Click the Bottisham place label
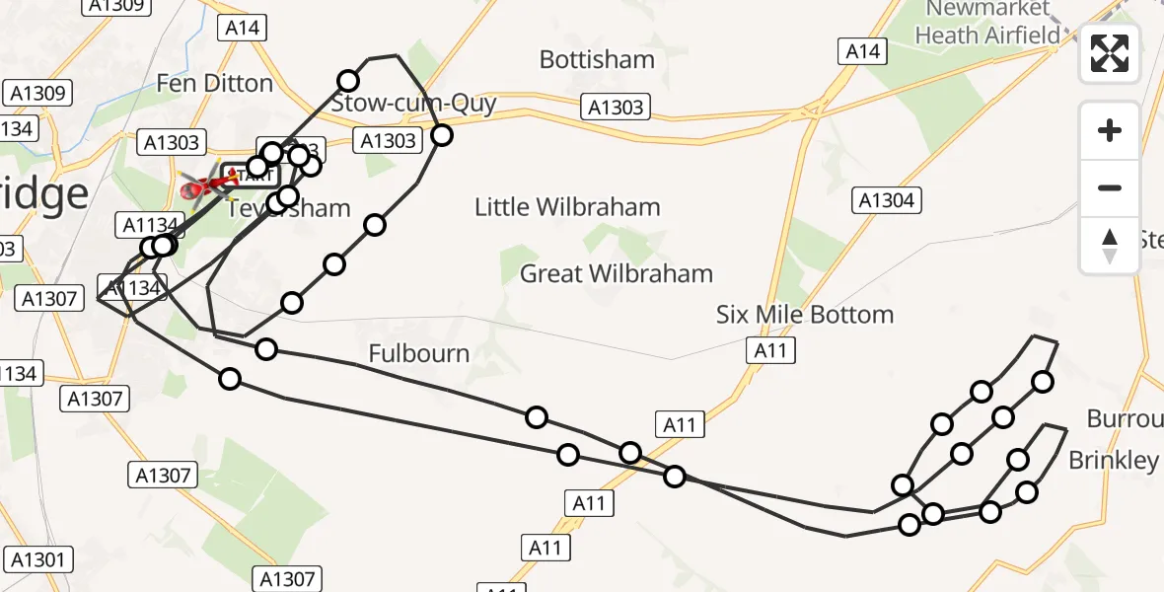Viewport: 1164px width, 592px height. [x=597, y=59]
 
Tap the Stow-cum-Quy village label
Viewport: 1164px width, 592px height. [x=413, y=104]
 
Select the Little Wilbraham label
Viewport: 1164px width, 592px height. [x=567, y=207]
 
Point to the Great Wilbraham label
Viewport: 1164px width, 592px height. [x=616, y=273]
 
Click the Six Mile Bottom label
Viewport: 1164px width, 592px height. [x=805, y=315]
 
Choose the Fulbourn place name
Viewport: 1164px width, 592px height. [x=418, y=353]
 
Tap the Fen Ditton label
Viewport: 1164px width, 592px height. [x=215, y=83]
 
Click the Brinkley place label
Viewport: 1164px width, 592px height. [x=1114, y=460]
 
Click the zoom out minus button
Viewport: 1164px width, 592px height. [x=1110, y=188]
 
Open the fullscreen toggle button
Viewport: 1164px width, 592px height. [x=1110, y=53]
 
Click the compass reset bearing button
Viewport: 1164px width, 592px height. [x=1110, y=246]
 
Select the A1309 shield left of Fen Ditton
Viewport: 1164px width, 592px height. [x=36, y=94]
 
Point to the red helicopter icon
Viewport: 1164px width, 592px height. [x=201, y=184]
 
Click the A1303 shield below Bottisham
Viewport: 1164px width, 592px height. [x=617, y=108]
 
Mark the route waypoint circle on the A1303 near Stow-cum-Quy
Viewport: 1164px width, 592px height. [x=441, y=135]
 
